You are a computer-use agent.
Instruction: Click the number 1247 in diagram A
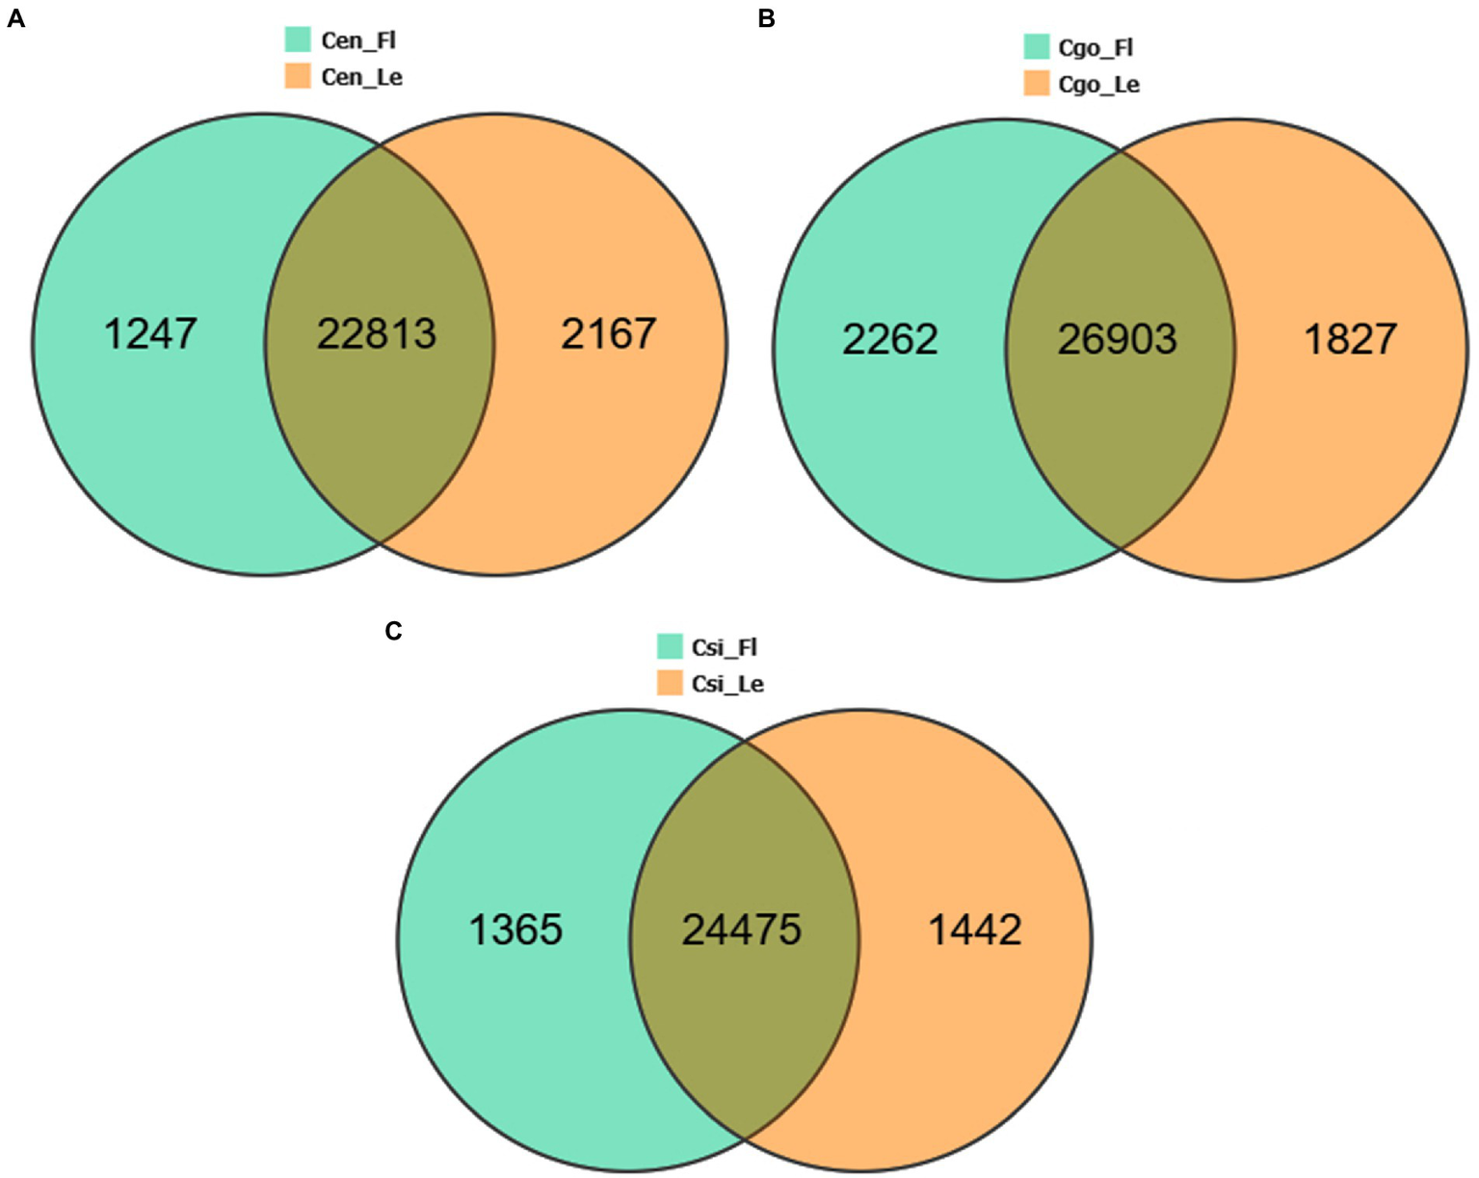click(150, 334)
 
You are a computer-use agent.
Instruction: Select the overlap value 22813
click(377, 334)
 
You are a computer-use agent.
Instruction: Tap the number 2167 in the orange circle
click(609, 334)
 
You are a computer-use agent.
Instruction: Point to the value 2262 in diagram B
click(889, 339)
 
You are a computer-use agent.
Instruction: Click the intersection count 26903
click(1117, 339)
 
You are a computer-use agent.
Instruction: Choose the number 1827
click(1350, 339)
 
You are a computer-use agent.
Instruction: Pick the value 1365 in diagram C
click(515, 929)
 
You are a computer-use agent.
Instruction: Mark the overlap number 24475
click(742, 929)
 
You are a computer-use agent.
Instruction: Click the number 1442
click(974, 929)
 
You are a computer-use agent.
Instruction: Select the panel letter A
click(15, 18)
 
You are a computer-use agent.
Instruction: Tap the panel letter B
click(766, 18)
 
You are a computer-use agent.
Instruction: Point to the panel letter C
click(393, 631)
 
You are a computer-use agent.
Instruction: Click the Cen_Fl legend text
click(358, 41)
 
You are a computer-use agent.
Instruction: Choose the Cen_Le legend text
click(361, 77)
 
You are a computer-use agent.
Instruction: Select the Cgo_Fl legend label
click(1096, 48)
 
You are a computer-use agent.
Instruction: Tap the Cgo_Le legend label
click(1098, 85)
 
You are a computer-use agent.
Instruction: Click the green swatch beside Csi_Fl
click(670, 646)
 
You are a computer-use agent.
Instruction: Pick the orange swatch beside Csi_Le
click(670, 683)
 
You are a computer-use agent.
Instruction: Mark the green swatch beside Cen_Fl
click(299, 39)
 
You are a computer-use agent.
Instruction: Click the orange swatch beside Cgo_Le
click(1037, 84)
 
